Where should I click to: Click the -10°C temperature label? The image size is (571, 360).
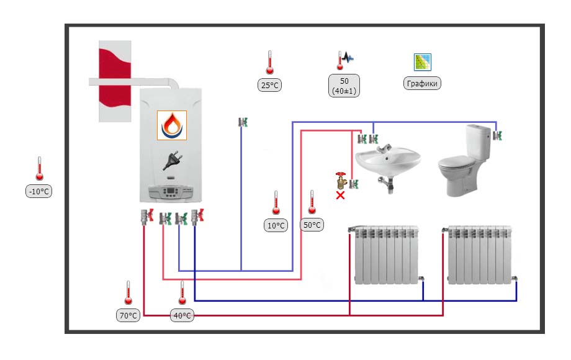point(38,192)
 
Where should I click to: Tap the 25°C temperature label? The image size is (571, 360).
point(269,86)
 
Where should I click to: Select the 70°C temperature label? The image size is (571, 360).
point(128,315)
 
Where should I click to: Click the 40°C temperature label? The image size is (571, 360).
point(182,315)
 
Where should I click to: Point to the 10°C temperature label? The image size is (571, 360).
point(276,225)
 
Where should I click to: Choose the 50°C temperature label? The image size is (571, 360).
point(312,225)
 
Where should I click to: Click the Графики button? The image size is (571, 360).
point(422,84)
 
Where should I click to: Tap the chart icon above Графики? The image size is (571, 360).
point(423,61)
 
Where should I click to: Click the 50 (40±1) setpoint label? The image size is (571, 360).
point(345,86)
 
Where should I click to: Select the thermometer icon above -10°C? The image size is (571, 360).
point(39,169)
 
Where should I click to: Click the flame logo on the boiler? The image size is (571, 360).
point(171,125)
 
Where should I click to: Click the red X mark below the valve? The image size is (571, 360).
point(340,196)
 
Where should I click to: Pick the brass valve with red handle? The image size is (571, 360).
point(340,181)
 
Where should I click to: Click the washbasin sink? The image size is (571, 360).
point(387,161)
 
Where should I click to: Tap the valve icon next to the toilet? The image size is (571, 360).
point(498,135)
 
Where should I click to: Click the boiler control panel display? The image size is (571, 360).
point(171,192)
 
